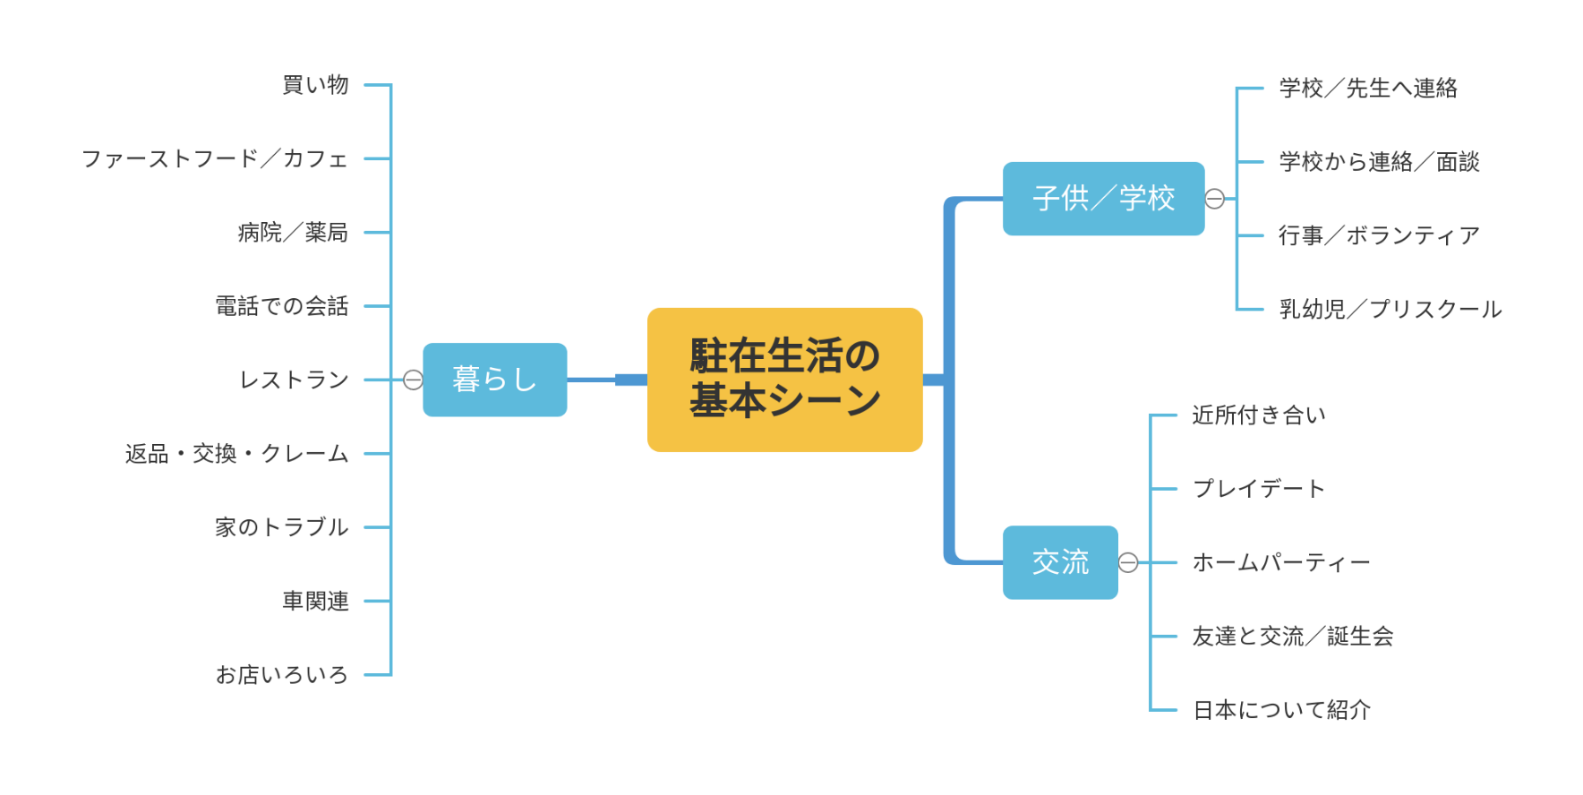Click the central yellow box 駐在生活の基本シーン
point(784,379)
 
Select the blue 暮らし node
point(494,380)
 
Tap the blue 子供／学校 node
point(1103,199)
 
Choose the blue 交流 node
point(1060,562)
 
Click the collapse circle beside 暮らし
point(413,380)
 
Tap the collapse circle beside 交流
point(1128,562)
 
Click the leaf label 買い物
point(315,85)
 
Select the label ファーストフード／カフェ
point(215,158)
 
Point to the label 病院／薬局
point(293,233)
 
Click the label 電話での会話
point(282,306)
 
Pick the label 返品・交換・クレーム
point(236,454)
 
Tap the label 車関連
point(315,601)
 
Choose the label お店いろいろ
point(282,675)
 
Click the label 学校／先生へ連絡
point(1368,88)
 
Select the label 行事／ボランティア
point(1379,235)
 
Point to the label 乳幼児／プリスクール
point(1390,310)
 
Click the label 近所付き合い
point(1259,415)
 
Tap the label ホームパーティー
point(1281,563)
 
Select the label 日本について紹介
point(1281,710)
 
